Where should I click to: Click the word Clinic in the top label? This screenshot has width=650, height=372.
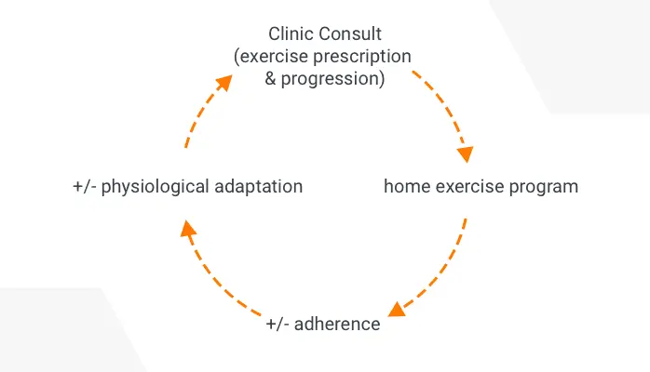[291, 34]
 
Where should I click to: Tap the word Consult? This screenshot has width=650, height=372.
[345, 34]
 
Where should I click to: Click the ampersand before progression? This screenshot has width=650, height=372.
[271, 79]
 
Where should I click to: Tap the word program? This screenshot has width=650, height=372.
[545, 187]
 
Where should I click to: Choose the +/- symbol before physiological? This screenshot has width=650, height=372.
[85, 186]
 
